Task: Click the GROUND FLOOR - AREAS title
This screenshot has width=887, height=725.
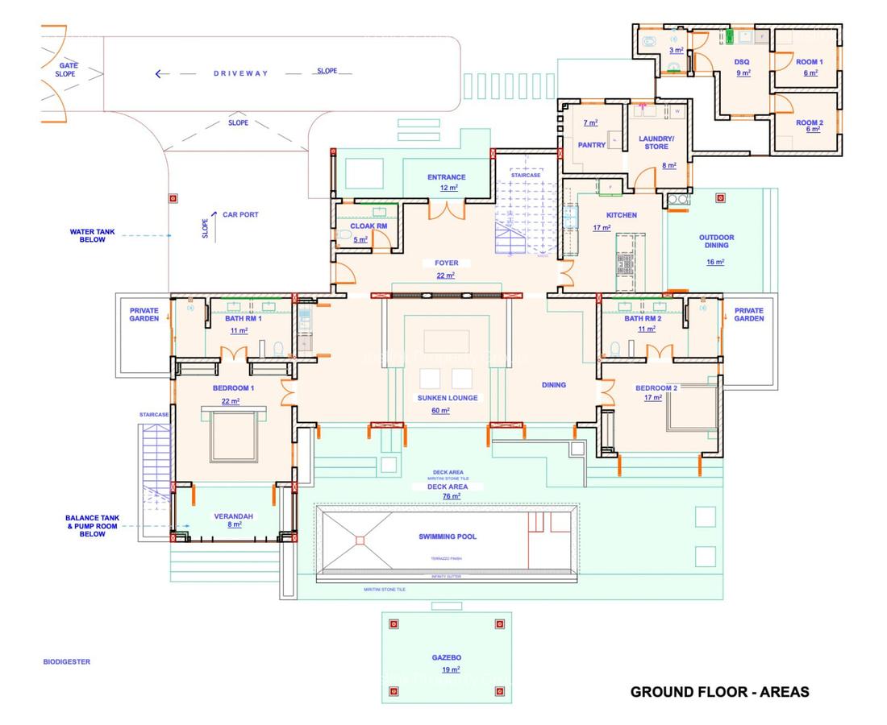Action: pos(719,691)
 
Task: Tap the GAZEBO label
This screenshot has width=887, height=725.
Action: pos(446,657)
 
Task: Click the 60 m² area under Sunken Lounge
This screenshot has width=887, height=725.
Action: pos(441,410)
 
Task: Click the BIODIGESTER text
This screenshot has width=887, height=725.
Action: pos(67,662)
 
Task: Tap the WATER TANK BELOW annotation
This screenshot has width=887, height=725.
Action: pos(92,235)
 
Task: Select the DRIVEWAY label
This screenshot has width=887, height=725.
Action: pos(240,73)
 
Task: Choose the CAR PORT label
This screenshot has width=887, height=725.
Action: pos(240,214)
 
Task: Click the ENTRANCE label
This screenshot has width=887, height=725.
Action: pos(447,177)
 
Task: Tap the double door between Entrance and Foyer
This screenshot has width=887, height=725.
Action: pos(447,210)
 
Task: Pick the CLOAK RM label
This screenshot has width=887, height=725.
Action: pos(369,226)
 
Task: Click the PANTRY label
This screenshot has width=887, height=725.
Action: pos(592,145)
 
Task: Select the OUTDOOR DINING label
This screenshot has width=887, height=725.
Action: pos(715,242)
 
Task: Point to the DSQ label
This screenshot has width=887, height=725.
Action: pos(742,61)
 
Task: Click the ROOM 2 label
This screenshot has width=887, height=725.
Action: pos(809,123)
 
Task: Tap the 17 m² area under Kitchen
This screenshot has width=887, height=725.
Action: pos(602,228)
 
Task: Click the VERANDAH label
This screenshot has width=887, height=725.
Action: pos(229,516)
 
